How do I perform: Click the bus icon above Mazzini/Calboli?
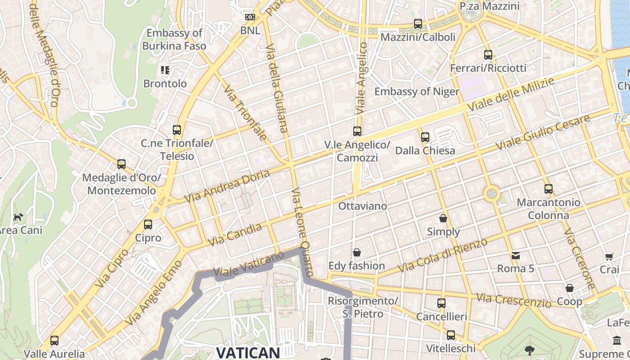click(x=418, y=24)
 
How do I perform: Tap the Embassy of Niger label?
click(x=417, y=92)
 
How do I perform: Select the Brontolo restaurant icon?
click(x=165, y=70)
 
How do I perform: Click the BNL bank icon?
click(x=250, y=18)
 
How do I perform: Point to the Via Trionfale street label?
click(x=245, y=112)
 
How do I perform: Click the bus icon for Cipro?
click(x=148, y=225)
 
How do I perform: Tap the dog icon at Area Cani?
click(x=18, y=217)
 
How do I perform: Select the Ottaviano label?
click(x=362, y=206)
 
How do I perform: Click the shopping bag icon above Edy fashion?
click(x=357, y=252)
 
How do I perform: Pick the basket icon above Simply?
click(x=443, y=219)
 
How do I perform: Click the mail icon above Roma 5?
click(x=515, y=256)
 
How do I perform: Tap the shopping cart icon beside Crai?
click(x=609, y=257)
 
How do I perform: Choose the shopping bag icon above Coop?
click(x=570, y=288)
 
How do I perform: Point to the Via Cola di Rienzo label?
click(x=443, y=255)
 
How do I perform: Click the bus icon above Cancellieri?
click(x=441, y=303)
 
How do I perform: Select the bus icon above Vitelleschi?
click(x=451, y=335)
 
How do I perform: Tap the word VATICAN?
click(x=248, y=352)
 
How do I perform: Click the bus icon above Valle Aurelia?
click(x=54, y=341)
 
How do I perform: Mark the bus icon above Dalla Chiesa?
click(x=425, y=137)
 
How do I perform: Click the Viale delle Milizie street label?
click(x=511, y=95)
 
